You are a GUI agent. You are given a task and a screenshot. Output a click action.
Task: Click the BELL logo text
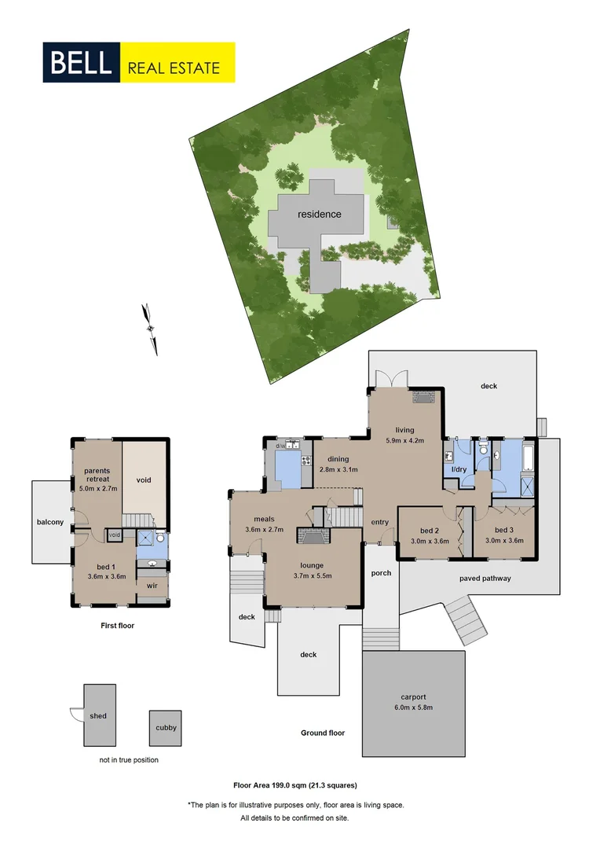pyautogui.click(x=81, y=63)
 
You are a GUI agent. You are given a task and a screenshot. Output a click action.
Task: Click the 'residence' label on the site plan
pyautogui.click(x=319, y=214)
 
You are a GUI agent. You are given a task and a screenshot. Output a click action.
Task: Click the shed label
pyautogui.click(x=97, y=716)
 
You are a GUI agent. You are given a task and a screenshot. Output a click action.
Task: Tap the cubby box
pyautogui.click(x=166, y=727)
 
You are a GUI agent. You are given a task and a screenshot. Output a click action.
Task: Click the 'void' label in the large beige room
pyautogui.click(x=144, y=480)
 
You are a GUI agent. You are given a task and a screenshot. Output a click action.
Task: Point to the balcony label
pyautogui.click(x=49, y=522)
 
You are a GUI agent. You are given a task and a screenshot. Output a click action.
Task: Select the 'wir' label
pyautogui.click(x=152, y=584)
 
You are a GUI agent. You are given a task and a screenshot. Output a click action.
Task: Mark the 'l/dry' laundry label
pyautogui.click(x=458, y=470)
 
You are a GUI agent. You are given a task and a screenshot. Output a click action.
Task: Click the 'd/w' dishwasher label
pyautogui.click(x=280, y=447)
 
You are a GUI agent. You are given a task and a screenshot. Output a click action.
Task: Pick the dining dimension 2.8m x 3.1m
pyautogui.click(x=338, y=469)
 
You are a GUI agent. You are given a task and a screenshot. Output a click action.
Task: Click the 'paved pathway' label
pyautogui.click(x=485, y=579)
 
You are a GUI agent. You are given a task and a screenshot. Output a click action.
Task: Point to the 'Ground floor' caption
pyautogui.click(x=323, y=733)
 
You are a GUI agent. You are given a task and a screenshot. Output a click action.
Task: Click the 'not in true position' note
pyautogui.click(x=129, y=760)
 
